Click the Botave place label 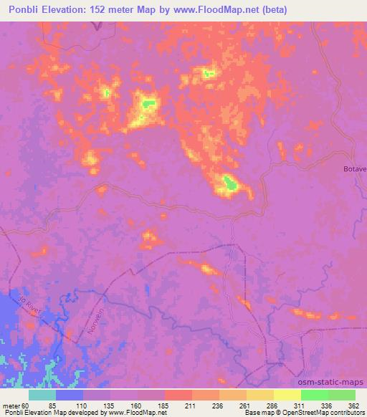coord(354,168)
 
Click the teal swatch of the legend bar coord(42,394)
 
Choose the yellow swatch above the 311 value coord(287,394)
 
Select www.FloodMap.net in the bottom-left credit coord(136,413)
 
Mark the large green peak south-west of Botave coord(230,183)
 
